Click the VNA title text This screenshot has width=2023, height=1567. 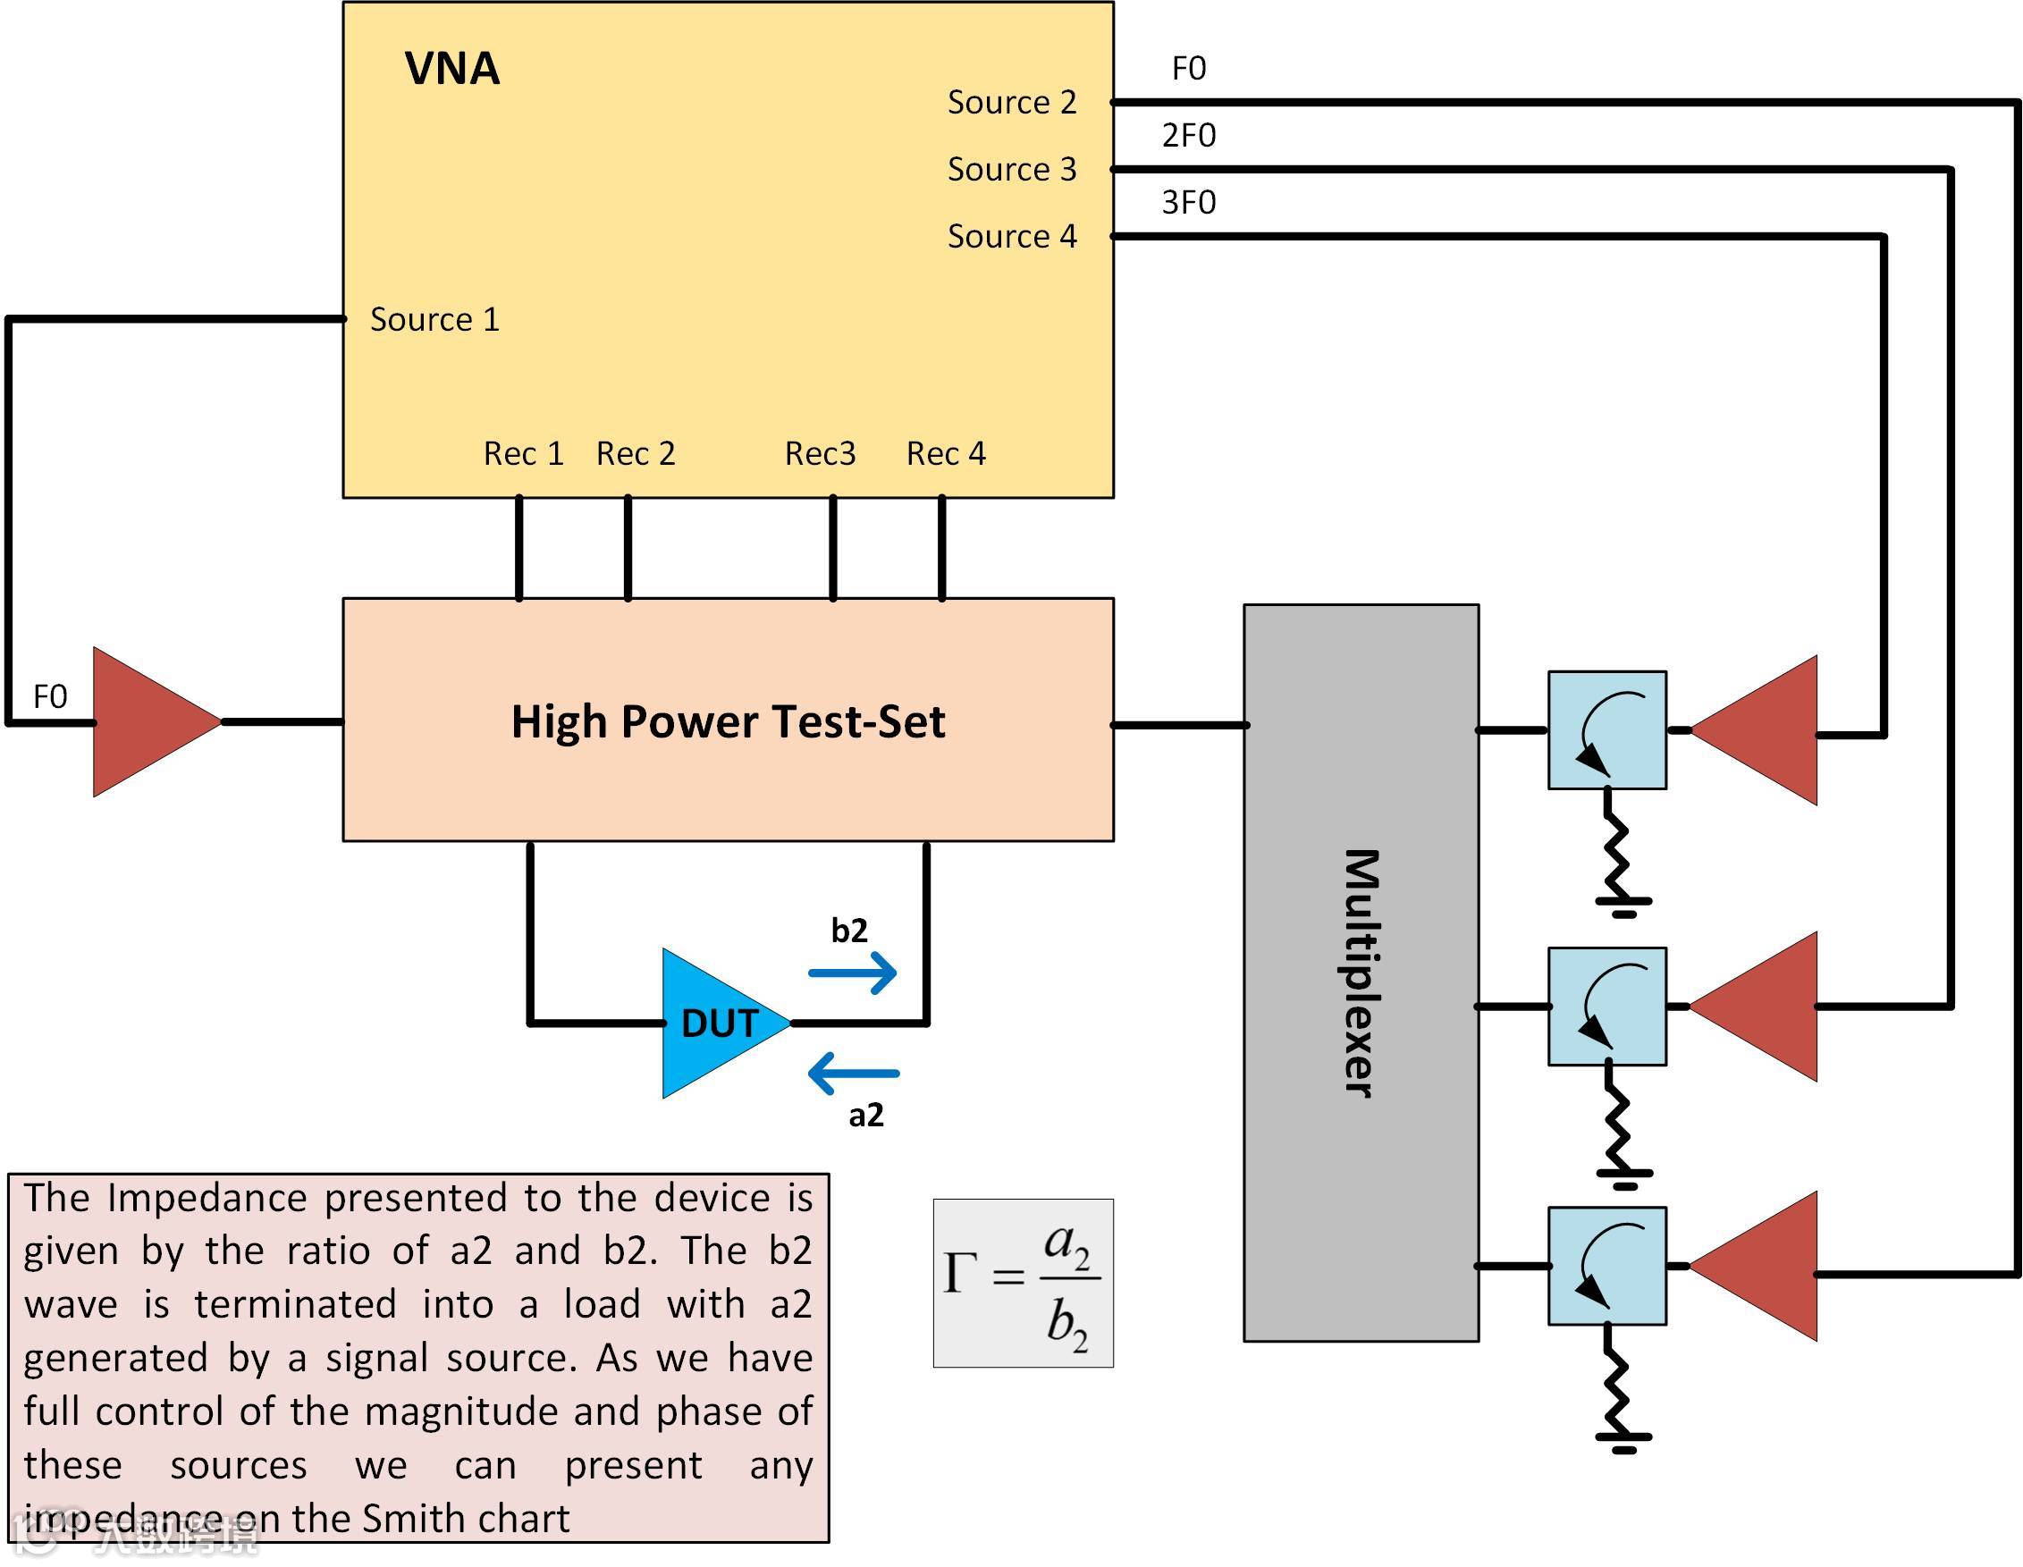[x=452, y=69]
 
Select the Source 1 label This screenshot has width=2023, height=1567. [x=434, y=319]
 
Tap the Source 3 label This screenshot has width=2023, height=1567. [x=1012, y=170]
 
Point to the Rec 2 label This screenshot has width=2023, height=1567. [x=636, y=454]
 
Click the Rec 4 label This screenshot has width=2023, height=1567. [x=946, y=454]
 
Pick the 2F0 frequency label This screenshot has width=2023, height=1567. [x=1188, y=136]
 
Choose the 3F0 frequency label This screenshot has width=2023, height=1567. [x=1188, y=203]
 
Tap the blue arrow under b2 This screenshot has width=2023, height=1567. [x=853, y=973]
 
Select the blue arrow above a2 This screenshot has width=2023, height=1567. [x=853, y=1074]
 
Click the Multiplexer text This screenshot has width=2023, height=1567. [x=1361, y=973]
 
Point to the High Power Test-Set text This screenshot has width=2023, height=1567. [x=728, y=721]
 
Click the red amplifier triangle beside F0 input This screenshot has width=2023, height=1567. [x=148, y=721]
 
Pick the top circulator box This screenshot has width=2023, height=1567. [x=1607, y=730]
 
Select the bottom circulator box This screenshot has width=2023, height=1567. [x=1607, y=1266]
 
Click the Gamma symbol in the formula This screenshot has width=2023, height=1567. [x=959, y=1274]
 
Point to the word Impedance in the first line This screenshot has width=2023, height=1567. [x=207, y=1199]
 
